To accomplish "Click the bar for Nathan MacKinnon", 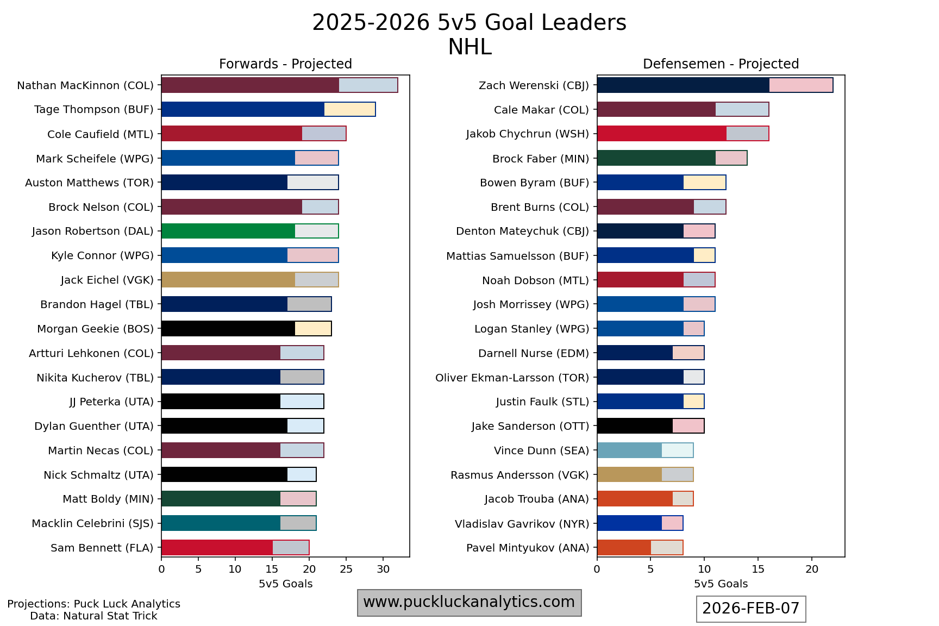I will [x=279, y=85].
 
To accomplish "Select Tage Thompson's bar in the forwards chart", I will [x=268, y=109].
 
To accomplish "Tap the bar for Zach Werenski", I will [x=715, y=85].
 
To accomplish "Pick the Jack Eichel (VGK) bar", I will [x=249, y=280].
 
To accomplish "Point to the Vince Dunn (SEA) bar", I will [x=645, y=450].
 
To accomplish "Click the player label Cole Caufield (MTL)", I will [x=100, y=134].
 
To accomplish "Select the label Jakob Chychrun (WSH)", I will [x=527, y=134].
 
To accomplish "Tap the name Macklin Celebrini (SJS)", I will [x=92, y=523].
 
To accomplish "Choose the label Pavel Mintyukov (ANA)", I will [x=527, y=548].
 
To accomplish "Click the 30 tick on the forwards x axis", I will [x=383, y=569].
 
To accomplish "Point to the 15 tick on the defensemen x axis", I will [x=758, y=569].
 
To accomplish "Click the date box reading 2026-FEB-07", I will [x=750, y=609].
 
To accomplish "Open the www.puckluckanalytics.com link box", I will [x=469, y=602].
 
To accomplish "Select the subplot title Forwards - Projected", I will [x=285, y=64].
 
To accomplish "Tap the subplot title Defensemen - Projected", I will [x=721, y=64].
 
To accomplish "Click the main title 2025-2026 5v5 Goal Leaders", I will [x=469, y=23].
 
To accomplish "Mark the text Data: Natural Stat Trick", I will [x=93, y=616].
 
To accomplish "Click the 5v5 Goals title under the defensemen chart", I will [x=721, y=584].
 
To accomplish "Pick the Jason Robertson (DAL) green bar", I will [x=249, y=231].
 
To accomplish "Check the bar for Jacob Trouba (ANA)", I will [x=645, y=499].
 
